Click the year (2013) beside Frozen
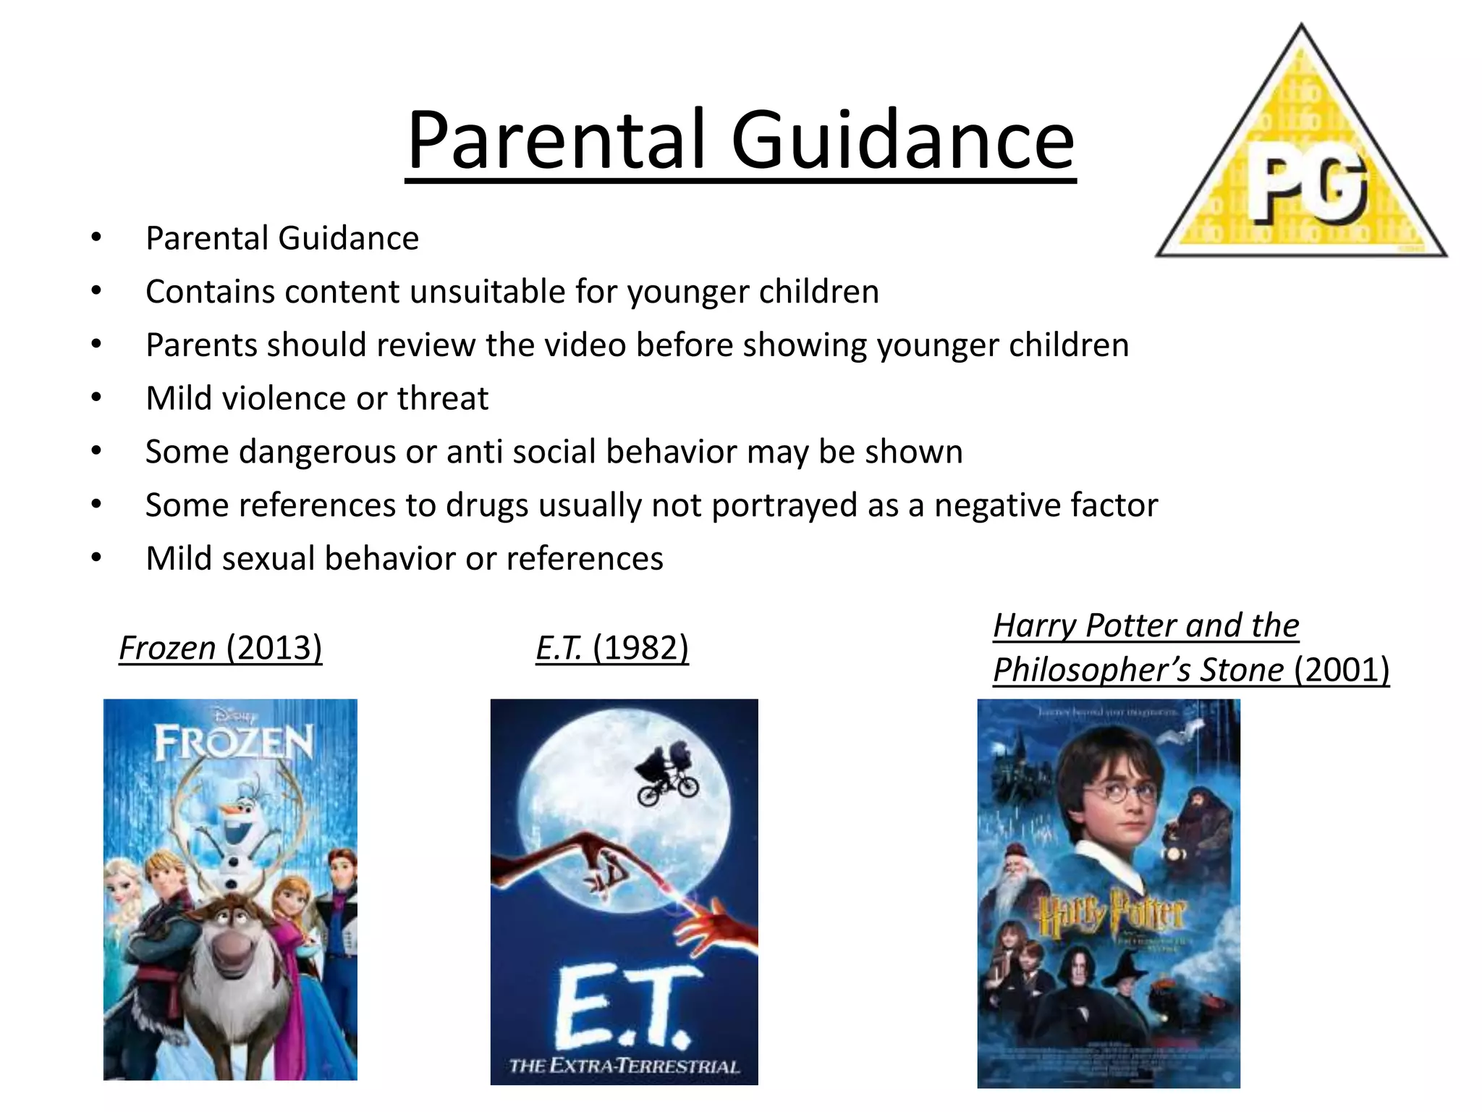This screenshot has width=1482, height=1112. pos(274,647)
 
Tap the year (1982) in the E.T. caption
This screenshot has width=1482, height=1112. pos(640,647)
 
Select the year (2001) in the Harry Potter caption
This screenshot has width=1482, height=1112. pos(1342,670)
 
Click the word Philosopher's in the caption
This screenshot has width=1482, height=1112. pos(1092,670)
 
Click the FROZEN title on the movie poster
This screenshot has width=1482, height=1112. pos(234,743)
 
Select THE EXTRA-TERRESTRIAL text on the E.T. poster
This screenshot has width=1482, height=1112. pos(624,1066)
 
